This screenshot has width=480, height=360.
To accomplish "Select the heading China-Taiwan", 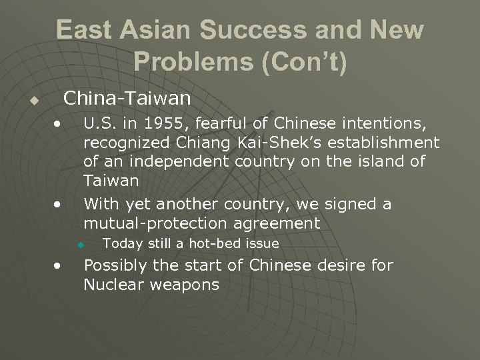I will [127, 99].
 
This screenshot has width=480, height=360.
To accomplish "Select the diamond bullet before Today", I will [80, 245].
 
